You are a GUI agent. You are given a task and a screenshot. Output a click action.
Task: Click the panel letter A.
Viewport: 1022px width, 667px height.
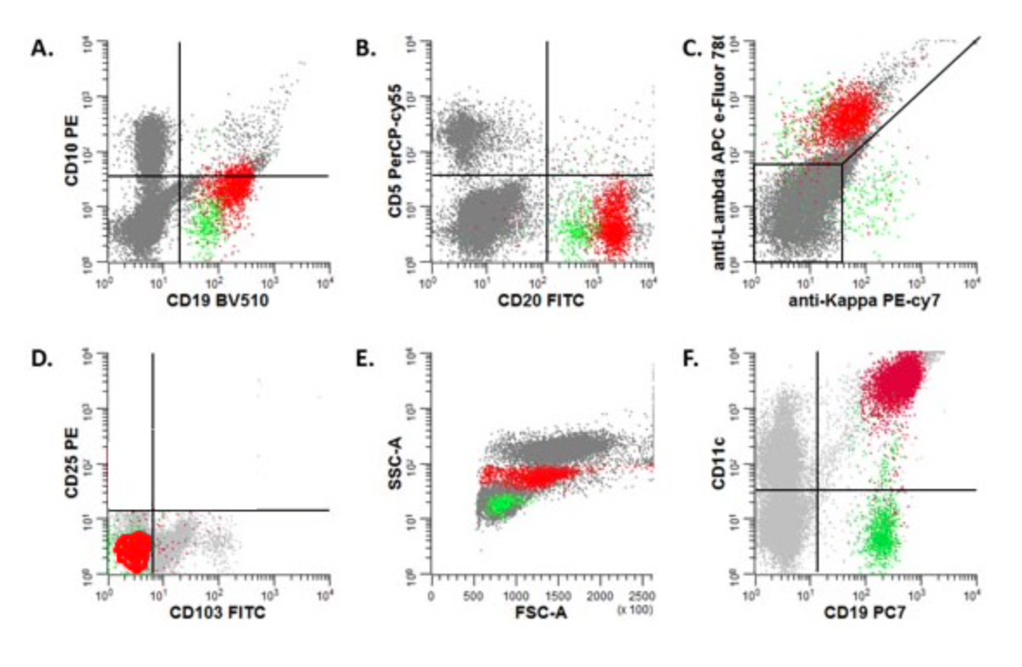tap(42, 49)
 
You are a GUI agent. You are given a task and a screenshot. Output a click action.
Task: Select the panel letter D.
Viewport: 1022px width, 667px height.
tap(43, 361)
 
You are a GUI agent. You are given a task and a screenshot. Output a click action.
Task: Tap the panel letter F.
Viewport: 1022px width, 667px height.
tap(691, 361)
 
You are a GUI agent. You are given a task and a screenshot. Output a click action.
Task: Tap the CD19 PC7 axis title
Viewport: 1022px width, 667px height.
tap(865, 614)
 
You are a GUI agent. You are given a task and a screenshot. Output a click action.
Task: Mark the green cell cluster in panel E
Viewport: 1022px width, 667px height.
tap(499, 505)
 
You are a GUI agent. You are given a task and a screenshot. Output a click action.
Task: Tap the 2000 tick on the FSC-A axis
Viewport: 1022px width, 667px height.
tap(599, 596)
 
